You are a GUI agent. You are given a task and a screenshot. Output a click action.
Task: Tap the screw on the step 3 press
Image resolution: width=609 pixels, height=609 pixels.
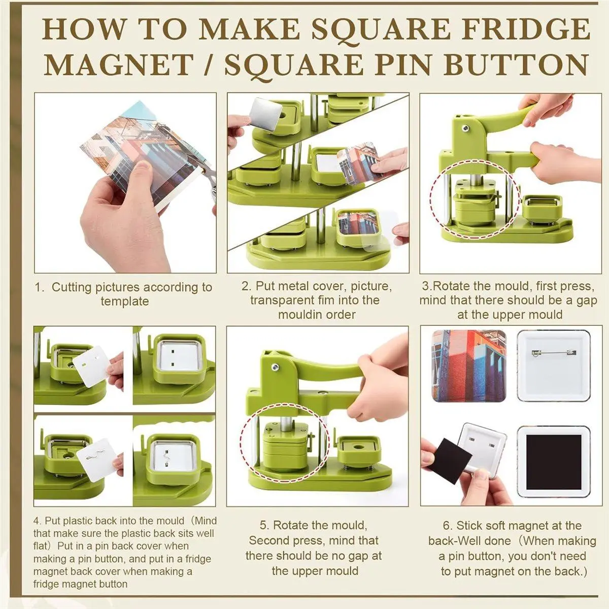point(465,128)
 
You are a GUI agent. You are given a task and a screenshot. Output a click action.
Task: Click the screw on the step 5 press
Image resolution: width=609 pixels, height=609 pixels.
point(275,367)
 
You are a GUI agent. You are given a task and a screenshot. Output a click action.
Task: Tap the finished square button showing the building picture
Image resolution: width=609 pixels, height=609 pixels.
point(469,365)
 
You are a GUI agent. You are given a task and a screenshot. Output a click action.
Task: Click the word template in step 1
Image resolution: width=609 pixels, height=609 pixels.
point(124,301)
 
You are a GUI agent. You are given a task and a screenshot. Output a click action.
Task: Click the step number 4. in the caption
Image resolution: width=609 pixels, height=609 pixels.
point(38,521)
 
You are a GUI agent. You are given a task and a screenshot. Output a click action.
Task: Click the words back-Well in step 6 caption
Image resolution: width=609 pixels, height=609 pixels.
point(469,540)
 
